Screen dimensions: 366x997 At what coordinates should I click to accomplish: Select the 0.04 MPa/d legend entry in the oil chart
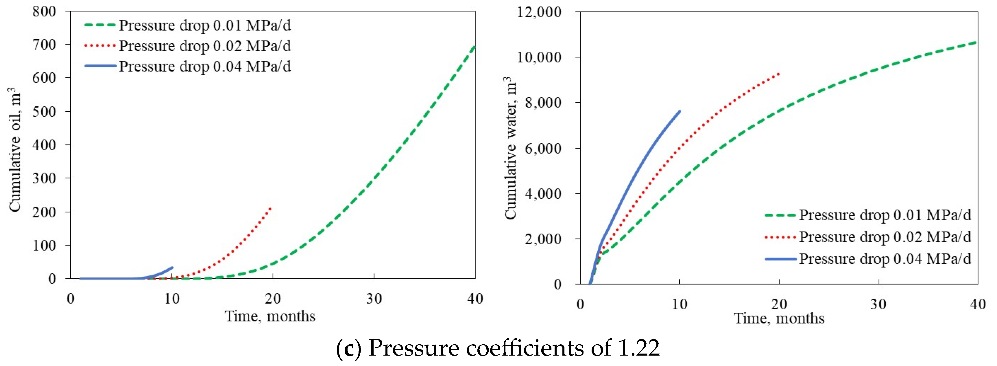coord(204,66)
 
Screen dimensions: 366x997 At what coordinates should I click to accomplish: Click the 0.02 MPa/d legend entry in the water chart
coord(885,237)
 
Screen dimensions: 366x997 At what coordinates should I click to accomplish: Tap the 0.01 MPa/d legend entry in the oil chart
coord(204,25)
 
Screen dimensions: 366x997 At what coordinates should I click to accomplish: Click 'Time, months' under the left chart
coord(270,317)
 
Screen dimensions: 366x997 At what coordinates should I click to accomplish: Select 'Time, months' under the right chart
coord(779,318)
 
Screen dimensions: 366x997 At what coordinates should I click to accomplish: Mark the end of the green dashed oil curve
coord(474,47)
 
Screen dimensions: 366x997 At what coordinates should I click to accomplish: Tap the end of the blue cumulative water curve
coord(680,111)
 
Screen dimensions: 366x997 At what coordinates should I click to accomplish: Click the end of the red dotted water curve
coord(779,73)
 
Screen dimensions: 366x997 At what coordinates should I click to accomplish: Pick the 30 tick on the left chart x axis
coord(374,299)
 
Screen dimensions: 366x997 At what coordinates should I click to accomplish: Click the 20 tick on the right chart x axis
coord(779,304)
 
